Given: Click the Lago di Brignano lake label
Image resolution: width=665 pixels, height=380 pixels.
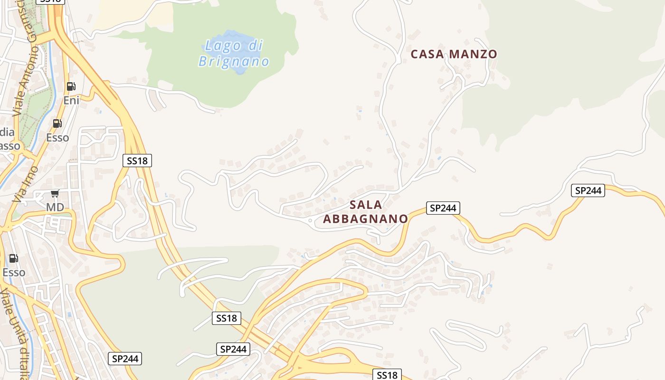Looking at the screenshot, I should [234, 54].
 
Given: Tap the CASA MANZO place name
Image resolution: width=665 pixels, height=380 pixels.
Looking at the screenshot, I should [454, 54].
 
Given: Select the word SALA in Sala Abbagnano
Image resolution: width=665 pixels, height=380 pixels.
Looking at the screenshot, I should [366, 205].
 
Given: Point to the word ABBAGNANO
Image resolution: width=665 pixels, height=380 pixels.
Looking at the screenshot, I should [365, 219].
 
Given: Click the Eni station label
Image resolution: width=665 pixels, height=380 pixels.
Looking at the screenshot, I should [71, 100].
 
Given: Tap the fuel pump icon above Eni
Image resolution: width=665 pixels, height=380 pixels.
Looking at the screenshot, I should [71, 86].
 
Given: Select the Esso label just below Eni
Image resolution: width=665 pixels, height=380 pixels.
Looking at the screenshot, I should [57, 138].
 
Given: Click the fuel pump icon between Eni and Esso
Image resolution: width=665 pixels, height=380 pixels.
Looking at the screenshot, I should [57, 123].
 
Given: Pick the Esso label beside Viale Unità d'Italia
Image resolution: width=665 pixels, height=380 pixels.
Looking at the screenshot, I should [14, 273].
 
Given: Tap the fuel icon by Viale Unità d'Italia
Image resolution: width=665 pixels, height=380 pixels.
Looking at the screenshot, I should [13, 258].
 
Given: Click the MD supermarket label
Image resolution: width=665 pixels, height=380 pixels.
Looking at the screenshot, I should [55, 208].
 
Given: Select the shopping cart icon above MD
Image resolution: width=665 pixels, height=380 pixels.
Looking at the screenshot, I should [55, 193].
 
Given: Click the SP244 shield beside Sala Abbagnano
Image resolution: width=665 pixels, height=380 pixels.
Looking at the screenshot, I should [443, 208].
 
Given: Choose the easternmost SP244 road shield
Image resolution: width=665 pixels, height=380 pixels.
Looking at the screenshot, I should [588, 190].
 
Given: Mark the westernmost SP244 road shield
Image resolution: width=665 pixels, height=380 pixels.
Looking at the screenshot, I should [125, 359].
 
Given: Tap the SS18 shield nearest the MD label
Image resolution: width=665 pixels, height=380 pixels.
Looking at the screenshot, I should [137, 161].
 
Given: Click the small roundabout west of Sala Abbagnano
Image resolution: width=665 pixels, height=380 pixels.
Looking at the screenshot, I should [310, 220].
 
